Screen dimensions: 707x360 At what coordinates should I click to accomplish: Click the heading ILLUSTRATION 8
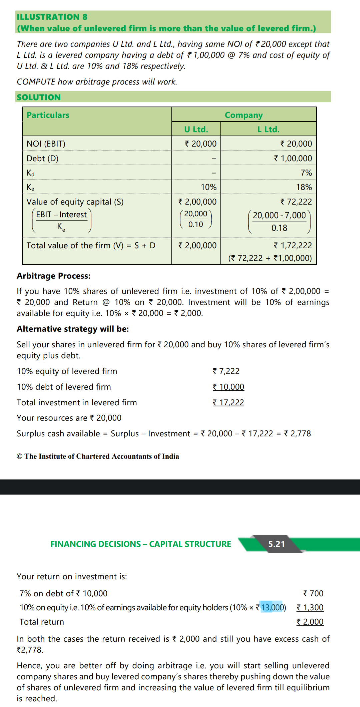click(x=52, y=17)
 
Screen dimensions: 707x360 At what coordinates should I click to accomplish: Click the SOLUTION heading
click(x=39, y=97)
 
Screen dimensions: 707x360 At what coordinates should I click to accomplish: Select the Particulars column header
click(x=48, y=115)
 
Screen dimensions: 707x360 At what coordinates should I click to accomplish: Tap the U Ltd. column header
click(x=196, y=129)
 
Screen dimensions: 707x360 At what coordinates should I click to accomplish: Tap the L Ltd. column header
click(x=268, y=129)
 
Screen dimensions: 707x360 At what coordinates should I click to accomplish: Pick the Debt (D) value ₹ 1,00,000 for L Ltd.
click(x=293, y=158)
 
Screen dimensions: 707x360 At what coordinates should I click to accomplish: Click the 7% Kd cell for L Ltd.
click(x=306, y=173)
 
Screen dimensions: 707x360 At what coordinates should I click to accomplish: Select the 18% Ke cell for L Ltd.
click(x=304, y=187)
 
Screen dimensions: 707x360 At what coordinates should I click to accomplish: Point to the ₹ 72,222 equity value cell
click(x=296, y=202)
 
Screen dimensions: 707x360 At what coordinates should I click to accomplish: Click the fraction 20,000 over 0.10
click(x=196, y=219)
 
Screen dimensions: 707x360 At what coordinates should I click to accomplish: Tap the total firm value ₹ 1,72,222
click(x=293, y=245)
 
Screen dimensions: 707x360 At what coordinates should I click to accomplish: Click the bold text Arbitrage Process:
click(x=54, y=276)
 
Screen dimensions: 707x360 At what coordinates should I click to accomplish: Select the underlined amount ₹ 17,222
click(x=228, y=402)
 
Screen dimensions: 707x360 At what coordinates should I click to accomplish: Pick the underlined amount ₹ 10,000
click(x=228, y=387)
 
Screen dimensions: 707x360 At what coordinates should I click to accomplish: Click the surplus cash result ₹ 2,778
click(x=297, y=433)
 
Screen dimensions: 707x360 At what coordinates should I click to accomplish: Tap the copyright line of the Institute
click(x=98, y=456)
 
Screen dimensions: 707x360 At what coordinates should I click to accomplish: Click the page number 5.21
click(x=277, y=544)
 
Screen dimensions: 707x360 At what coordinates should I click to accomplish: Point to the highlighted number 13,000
click(x=272, y=607)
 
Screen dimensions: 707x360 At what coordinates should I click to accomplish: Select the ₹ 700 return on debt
click(x=313, y=593)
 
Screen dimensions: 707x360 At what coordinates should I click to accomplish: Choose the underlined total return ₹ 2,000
click(x=310, y=622)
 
